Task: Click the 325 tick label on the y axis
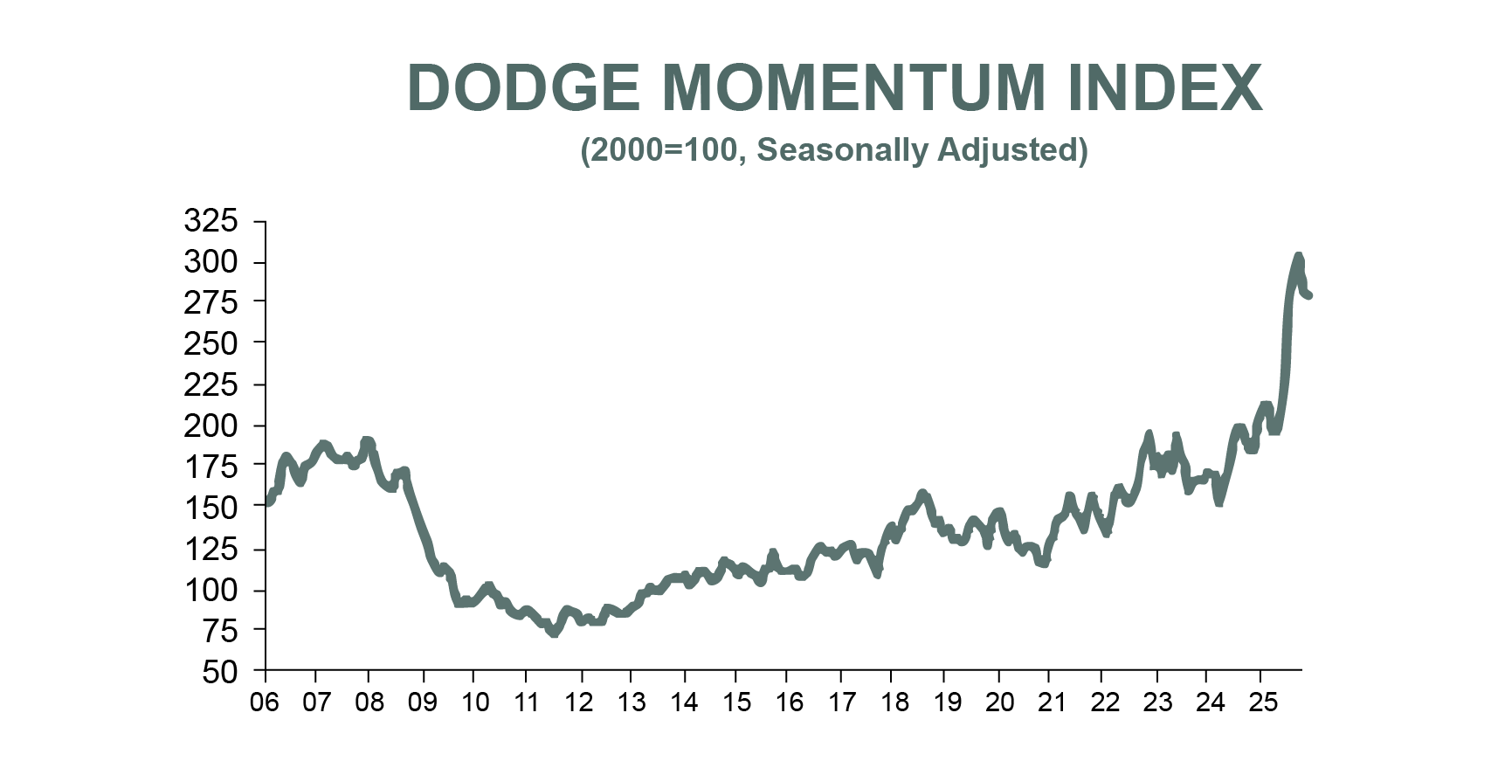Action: click(211, 221)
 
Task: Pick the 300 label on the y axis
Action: click(211, 262)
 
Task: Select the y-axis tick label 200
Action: click(211, 426)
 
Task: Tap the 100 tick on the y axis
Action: click(211, 590)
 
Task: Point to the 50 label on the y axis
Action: click(219, 672)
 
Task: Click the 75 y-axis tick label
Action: click(219, 631)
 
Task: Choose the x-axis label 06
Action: click(265, 702)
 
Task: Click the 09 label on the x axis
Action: click(423, 702)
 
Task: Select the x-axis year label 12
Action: click(578, 702)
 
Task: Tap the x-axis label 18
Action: click(894, 702)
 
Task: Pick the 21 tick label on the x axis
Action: click(1052, 702)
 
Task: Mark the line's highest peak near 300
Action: click(1298, 257)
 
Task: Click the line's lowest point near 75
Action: click(553, 633)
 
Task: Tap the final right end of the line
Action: click(1308, 295)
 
